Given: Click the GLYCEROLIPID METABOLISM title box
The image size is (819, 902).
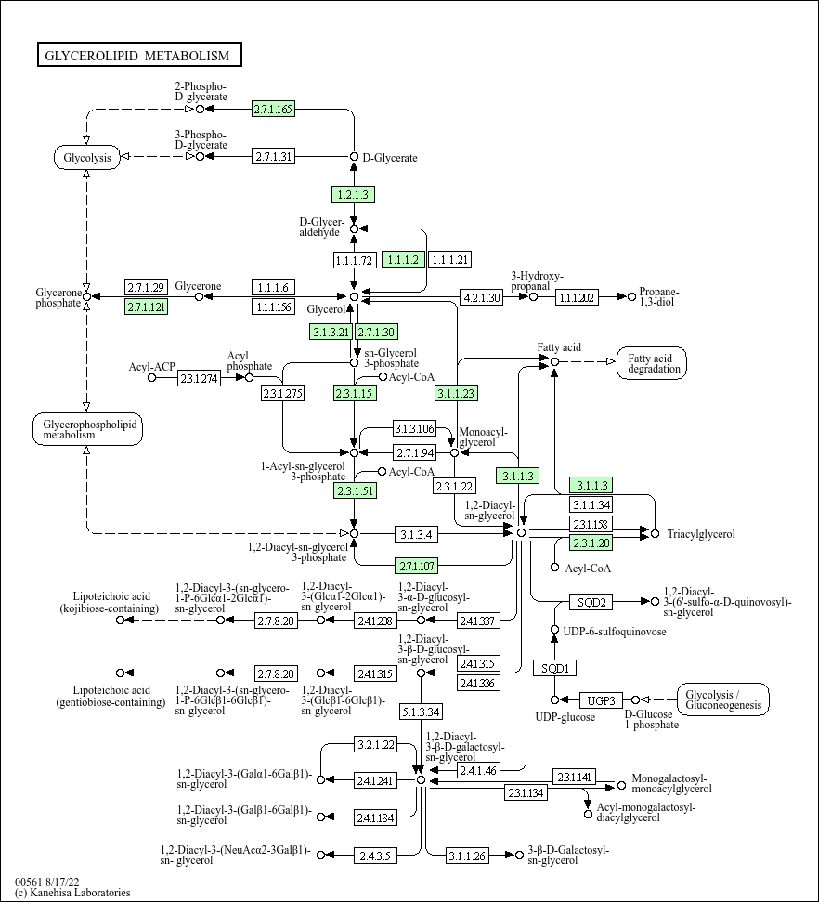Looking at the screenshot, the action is pyautogui.click(x=139, y=55).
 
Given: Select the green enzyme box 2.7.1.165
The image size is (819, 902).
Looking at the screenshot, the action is pyautogui.click(x=274, y=109).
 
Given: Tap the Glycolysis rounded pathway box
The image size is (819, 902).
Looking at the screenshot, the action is pyautogui.click(x=87, y=158).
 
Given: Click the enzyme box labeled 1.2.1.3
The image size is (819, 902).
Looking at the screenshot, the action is pyautogui.click(x=353, y=194).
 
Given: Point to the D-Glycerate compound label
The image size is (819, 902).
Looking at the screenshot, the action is pyautogui.click(x=390, y=158).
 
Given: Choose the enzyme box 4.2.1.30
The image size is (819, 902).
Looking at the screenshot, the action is pyautogui.click(x=481, y=297).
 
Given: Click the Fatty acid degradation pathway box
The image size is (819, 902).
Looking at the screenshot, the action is pyautogui.click(x=652, y=363).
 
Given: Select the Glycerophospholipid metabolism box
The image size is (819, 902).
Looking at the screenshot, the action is pyautogui.click(x=87, y=429).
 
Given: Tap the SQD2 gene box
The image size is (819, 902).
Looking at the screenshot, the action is pyautogui.click(x=591, y=602).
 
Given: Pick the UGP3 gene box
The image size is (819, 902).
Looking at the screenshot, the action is pyautogui.click(x=601, y=700).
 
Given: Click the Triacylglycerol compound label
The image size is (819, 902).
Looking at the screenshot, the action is pyautogui.click(x=701, y=534).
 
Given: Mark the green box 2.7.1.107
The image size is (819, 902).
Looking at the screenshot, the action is pyautogui.click(x=416, y=566).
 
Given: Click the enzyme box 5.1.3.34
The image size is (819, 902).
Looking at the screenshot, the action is pyautogui.click(x=421, y=712).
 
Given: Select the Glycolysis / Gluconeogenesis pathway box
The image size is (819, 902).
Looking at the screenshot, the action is pyautogui.click(x=723, y=699).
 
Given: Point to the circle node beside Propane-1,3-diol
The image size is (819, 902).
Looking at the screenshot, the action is pyautogui.click(x=631, y=297).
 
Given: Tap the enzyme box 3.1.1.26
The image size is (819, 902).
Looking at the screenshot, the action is pyautogui.click(x=467, y=856).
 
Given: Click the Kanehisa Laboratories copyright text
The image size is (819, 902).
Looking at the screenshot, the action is pyautogui.click(x=72, y=893).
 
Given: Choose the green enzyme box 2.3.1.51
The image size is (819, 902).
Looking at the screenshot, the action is pyautogui.click(x=355, y=490).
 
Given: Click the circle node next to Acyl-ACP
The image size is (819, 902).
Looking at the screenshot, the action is pyautogui.click(x=152, y=377).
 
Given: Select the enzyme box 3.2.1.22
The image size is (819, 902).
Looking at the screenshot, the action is pyautogui.click(x=375, y=744).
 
